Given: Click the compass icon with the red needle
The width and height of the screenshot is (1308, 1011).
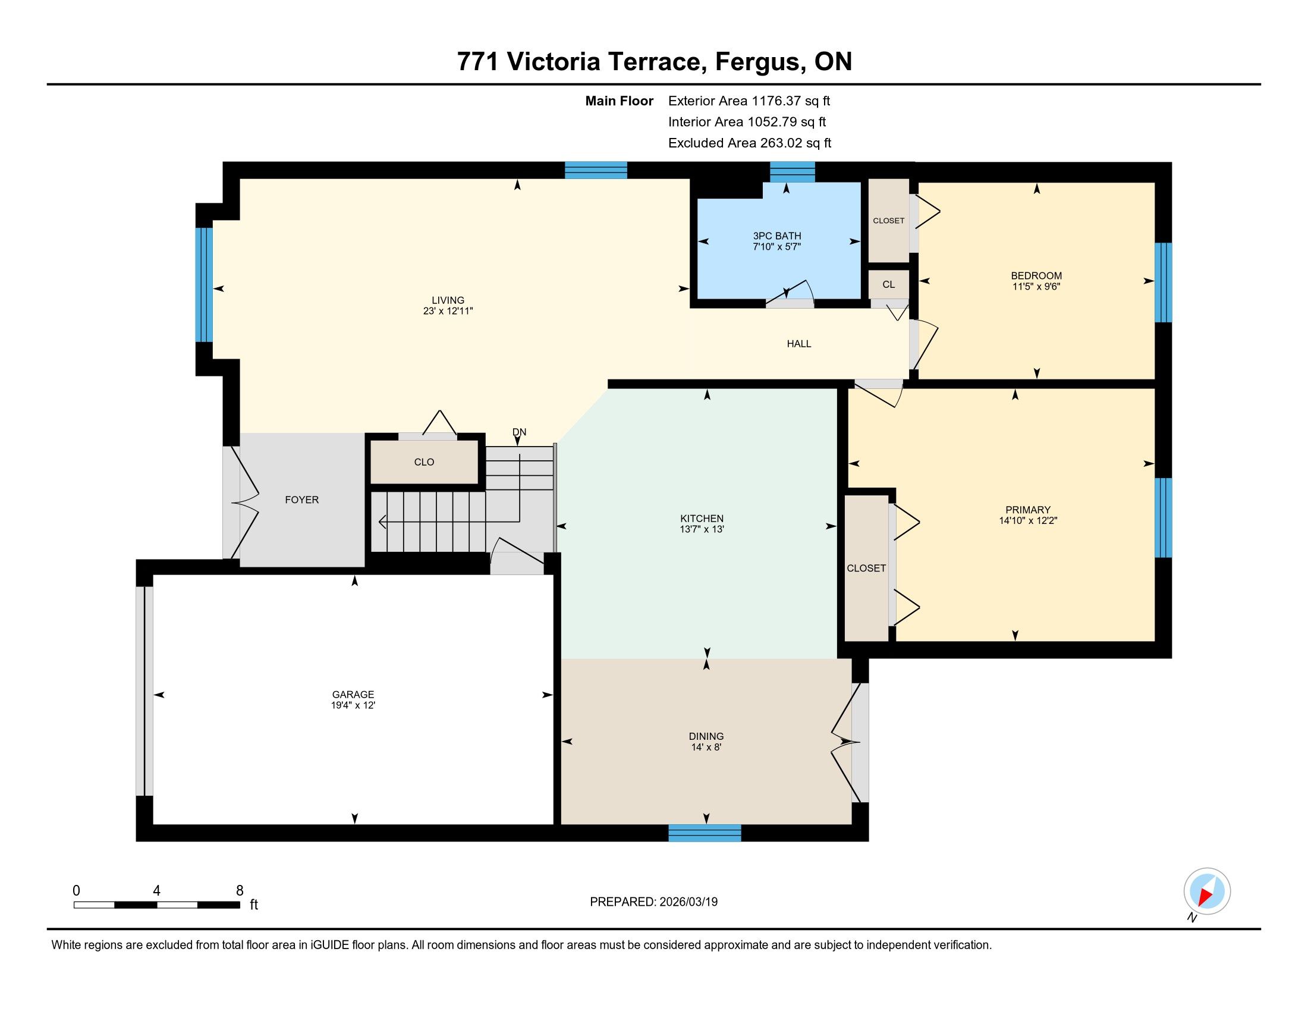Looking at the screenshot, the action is click(1207, 891).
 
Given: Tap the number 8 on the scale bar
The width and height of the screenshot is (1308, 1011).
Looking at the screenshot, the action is click(240, 891).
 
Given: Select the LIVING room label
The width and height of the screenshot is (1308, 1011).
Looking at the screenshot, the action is click(448, 301).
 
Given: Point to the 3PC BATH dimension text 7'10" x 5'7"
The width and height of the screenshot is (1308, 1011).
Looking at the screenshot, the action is click(777, 247).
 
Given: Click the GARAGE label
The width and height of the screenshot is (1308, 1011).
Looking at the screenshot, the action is click(353, 695).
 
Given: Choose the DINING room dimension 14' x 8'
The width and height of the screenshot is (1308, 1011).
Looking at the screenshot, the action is click(706, 748).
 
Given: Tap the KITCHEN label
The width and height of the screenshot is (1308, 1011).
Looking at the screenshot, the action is click(702, 519).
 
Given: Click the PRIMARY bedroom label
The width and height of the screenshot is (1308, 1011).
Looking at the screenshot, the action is click(1029, 510).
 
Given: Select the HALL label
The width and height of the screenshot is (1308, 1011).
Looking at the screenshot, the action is click(799, 344).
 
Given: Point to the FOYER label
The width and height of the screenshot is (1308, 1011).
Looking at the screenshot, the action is click(302, 500).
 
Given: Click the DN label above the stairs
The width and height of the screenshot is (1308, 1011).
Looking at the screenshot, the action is click(519, 432).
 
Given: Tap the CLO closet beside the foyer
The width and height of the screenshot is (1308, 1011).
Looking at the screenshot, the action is click(424, 461).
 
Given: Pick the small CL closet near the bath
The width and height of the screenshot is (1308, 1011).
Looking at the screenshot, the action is click(889, 284).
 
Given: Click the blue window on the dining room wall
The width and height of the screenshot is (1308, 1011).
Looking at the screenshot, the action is click(705, 833).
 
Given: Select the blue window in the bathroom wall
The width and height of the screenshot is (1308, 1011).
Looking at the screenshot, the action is click(793, 171).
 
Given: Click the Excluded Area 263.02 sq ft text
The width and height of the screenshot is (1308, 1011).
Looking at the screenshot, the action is click(750, 143).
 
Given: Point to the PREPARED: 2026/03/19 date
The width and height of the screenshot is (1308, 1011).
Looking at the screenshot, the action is click(654, 902).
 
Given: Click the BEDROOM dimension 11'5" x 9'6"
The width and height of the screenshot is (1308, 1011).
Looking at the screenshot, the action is click(1036, 287).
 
